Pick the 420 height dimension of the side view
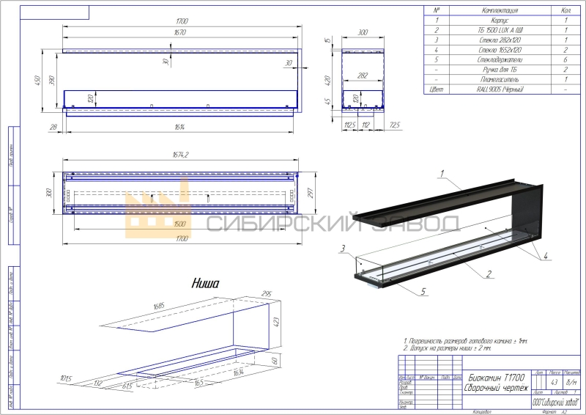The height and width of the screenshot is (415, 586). coord(329,80)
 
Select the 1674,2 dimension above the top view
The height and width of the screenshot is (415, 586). coord(178,155)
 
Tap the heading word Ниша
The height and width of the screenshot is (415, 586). coord(206,282)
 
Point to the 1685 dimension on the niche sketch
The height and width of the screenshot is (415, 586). coord(159,306)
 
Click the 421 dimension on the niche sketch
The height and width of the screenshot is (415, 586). coord(276,320)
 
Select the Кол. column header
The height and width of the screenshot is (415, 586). coord(566,11)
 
